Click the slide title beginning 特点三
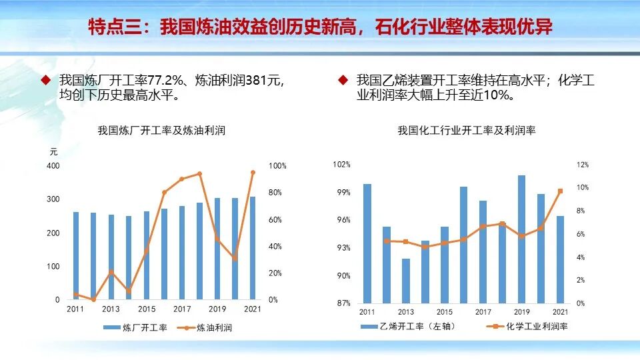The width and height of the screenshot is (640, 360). click(320, 27)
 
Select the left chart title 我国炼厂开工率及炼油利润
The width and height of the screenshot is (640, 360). click(161, 131)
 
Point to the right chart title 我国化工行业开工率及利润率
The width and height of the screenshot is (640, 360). click(467, 131)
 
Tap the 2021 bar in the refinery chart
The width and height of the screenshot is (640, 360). click(251, 247)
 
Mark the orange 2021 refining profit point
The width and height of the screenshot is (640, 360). click(252, 173)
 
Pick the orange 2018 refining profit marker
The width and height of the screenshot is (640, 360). click(199, 174)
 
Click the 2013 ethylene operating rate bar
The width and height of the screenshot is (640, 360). click(406, 281)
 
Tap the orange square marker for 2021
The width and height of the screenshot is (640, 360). click(560, 191)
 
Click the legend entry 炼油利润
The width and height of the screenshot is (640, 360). click(207, 327)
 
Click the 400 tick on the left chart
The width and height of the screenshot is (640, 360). click(53, 166)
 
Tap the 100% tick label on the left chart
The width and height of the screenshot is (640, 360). click(277, 166)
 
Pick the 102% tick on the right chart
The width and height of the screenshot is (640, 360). click(342, 165)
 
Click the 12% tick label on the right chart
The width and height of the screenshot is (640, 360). click(564, 165)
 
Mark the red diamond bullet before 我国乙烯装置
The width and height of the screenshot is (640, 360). click(343, 80)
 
